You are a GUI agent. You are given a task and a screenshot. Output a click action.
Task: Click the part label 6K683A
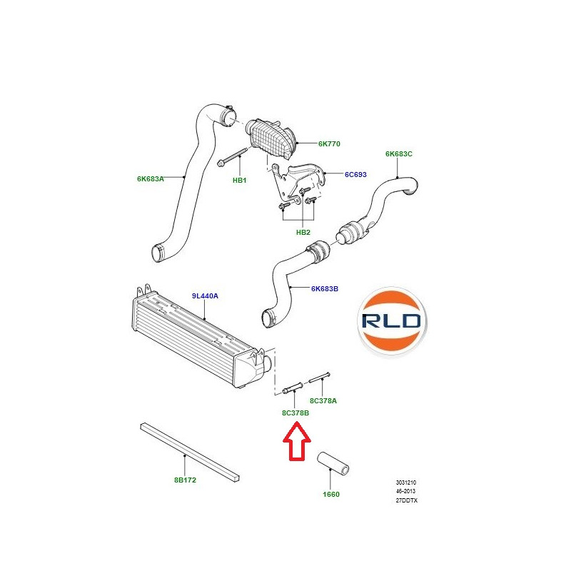(x=151, y=179)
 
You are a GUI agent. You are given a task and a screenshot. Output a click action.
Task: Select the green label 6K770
(x=329, y=144)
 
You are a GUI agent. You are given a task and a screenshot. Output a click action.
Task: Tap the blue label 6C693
(x=355, y=174)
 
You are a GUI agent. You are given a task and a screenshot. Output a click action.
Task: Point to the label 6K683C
(x=399, y=154)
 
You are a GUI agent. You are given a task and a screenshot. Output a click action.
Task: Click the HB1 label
(x=240, y=181)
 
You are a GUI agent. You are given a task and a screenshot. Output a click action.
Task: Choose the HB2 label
(x=303, y=233)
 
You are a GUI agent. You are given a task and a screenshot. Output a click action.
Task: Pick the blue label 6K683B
(x=325, y=289)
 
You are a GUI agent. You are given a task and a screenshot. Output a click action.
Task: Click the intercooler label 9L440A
(x=205, y=296)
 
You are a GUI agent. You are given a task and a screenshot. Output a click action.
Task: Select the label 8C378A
(x=323, y=401)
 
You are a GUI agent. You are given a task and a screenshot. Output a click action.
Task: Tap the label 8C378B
(x=295, y=413)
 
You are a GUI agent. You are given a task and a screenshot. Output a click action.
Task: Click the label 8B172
(x=185, y=480)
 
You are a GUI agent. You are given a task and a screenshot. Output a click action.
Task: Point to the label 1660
(x=331, y=494)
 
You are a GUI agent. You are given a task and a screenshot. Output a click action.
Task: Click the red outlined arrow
(x=297, y=441)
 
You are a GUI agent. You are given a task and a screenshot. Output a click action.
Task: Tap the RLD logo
(x=392, y=321)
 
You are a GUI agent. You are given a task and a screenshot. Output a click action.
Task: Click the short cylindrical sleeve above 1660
(x=333, y=463)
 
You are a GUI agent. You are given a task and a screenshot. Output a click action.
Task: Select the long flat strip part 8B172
(x=190, y=453)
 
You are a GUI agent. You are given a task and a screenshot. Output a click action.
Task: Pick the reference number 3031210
(x=406, y=482)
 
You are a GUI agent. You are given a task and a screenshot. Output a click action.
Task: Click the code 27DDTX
(x=407, y=500)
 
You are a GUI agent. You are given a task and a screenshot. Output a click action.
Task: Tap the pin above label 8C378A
(x=319, y=378)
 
